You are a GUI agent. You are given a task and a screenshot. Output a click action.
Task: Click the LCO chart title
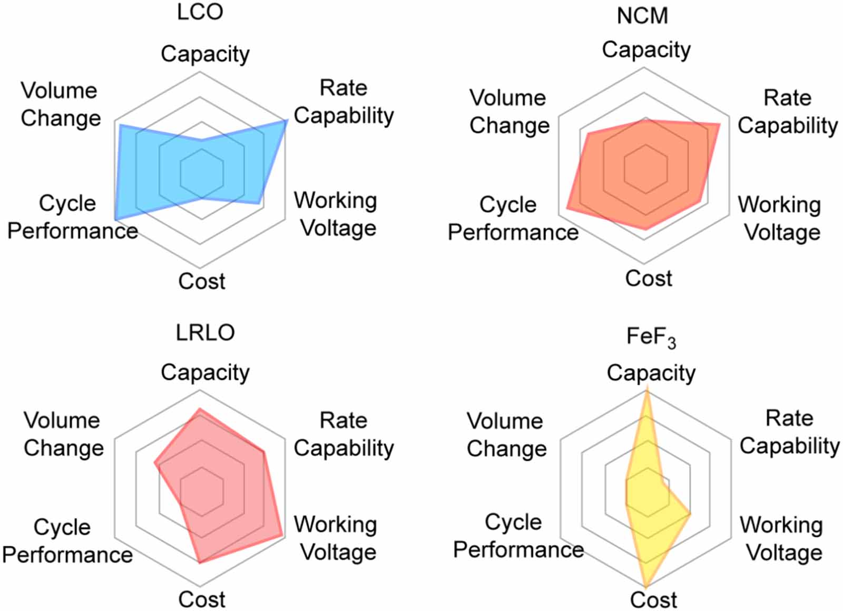(x=200, y=12)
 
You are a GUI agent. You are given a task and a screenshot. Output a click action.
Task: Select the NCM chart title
(x=642, y=16)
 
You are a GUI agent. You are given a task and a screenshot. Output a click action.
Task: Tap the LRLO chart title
(x=205, y=332)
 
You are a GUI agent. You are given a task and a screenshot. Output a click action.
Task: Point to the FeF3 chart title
(x=651, y=337)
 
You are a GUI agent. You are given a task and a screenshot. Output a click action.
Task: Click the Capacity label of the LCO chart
(x=205, y=54)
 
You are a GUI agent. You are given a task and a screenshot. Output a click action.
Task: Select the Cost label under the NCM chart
(x=649, y=278)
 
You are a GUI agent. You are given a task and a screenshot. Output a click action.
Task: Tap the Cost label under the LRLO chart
(x=202, y=599)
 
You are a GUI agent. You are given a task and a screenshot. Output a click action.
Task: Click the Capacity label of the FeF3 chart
(x=651, y=373)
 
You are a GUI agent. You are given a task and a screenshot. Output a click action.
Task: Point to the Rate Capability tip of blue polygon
(x=287, y=121)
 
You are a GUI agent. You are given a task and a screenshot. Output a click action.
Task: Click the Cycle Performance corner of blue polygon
(x=116, y=219)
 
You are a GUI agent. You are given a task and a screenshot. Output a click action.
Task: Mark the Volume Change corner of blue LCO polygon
(x=120, y=126)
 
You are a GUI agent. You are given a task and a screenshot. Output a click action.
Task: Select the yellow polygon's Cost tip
(x=646, y=586)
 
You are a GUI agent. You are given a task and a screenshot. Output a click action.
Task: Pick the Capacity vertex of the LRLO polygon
(x=200, y=409)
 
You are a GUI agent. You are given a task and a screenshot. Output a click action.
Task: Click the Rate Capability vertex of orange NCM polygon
(x=719, y=124)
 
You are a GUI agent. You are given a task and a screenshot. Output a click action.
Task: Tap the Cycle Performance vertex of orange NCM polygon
(x=567, y=210)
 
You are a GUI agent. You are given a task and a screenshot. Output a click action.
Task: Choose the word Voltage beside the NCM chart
(x=782, y=232)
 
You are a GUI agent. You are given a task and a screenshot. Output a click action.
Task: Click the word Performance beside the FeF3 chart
(x=518, y=550)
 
